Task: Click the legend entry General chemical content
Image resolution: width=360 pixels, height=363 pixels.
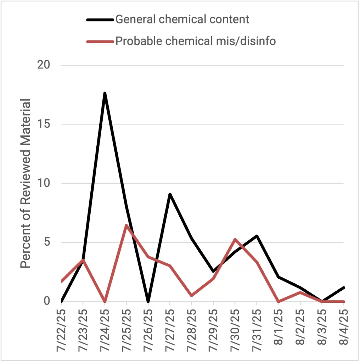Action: click(x=182, y=19)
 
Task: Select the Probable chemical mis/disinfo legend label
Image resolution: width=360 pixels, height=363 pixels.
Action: click(x=196, y=41)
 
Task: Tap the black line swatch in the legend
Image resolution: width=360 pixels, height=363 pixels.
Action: click(x=100, y=19)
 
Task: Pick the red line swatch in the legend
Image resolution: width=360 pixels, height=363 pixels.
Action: click(x=100, y=41)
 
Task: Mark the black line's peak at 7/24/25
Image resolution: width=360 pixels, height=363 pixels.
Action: click(x=105, y=93)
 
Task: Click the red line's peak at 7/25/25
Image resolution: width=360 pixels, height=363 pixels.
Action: click(x=126, y=225)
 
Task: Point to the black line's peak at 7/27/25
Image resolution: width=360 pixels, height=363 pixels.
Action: click(x=170, y=194)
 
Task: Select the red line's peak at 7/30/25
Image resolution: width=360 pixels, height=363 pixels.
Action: click(x=235, y=239)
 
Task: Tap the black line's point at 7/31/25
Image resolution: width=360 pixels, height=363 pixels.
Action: click(x=257, y=236)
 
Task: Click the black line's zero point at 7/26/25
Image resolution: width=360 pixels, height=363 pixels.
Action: click(x=148, y=301)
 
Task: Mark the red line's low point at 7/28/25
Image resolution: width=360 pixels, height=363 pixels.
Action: click(x=192, y=295)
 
